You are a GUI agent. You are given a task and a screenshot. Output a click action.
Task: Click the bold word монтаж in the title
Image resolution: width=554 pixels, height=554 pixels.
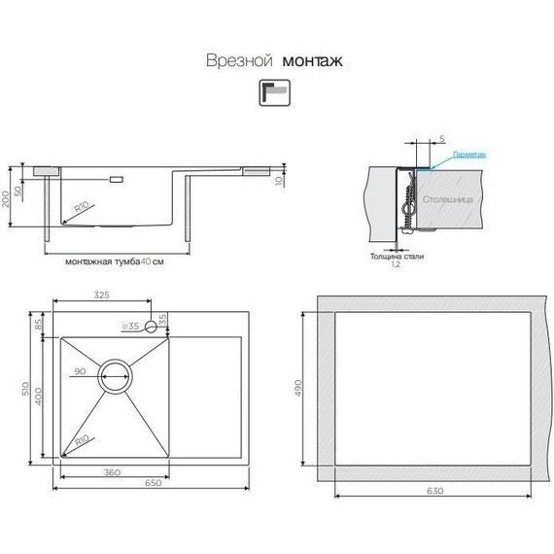pyautogui.click(x=312, y=60)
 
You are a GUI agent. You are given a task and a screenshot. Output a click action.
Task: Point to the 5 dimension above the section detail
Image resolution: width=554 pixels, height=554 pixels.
pyautogui.click(x=441, y=140)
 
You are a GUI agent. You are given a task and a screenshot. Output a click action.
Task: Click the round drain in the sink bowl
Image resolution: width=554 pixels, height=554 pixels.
pyautogui.click(x=115, y=373)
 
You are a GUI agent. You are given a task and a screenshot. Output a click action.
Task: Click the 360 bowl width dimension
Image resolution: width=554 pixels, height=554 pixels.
pyautogui.click(x=111, y=472)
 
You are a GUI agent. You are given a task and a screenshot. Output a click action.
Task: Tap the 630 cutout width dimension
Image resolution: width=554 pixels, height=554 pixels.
pyautogui.click(x=434, y=491)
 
